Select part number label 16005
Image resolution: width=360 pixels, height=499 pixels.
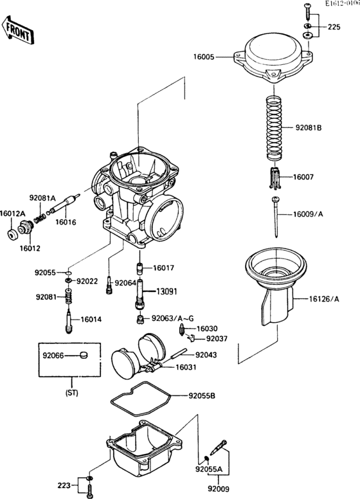tap(204, 57)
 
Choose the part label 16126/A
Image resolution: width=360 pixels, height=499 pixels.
tap(323, 298)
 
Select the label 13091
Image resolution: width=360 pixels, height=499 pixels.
tap(166, 291)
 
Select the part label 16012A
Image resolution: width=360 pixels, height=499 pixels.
tap(12, 213)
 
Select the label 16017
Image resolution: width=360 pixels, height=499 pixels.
tap(163, 268)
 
